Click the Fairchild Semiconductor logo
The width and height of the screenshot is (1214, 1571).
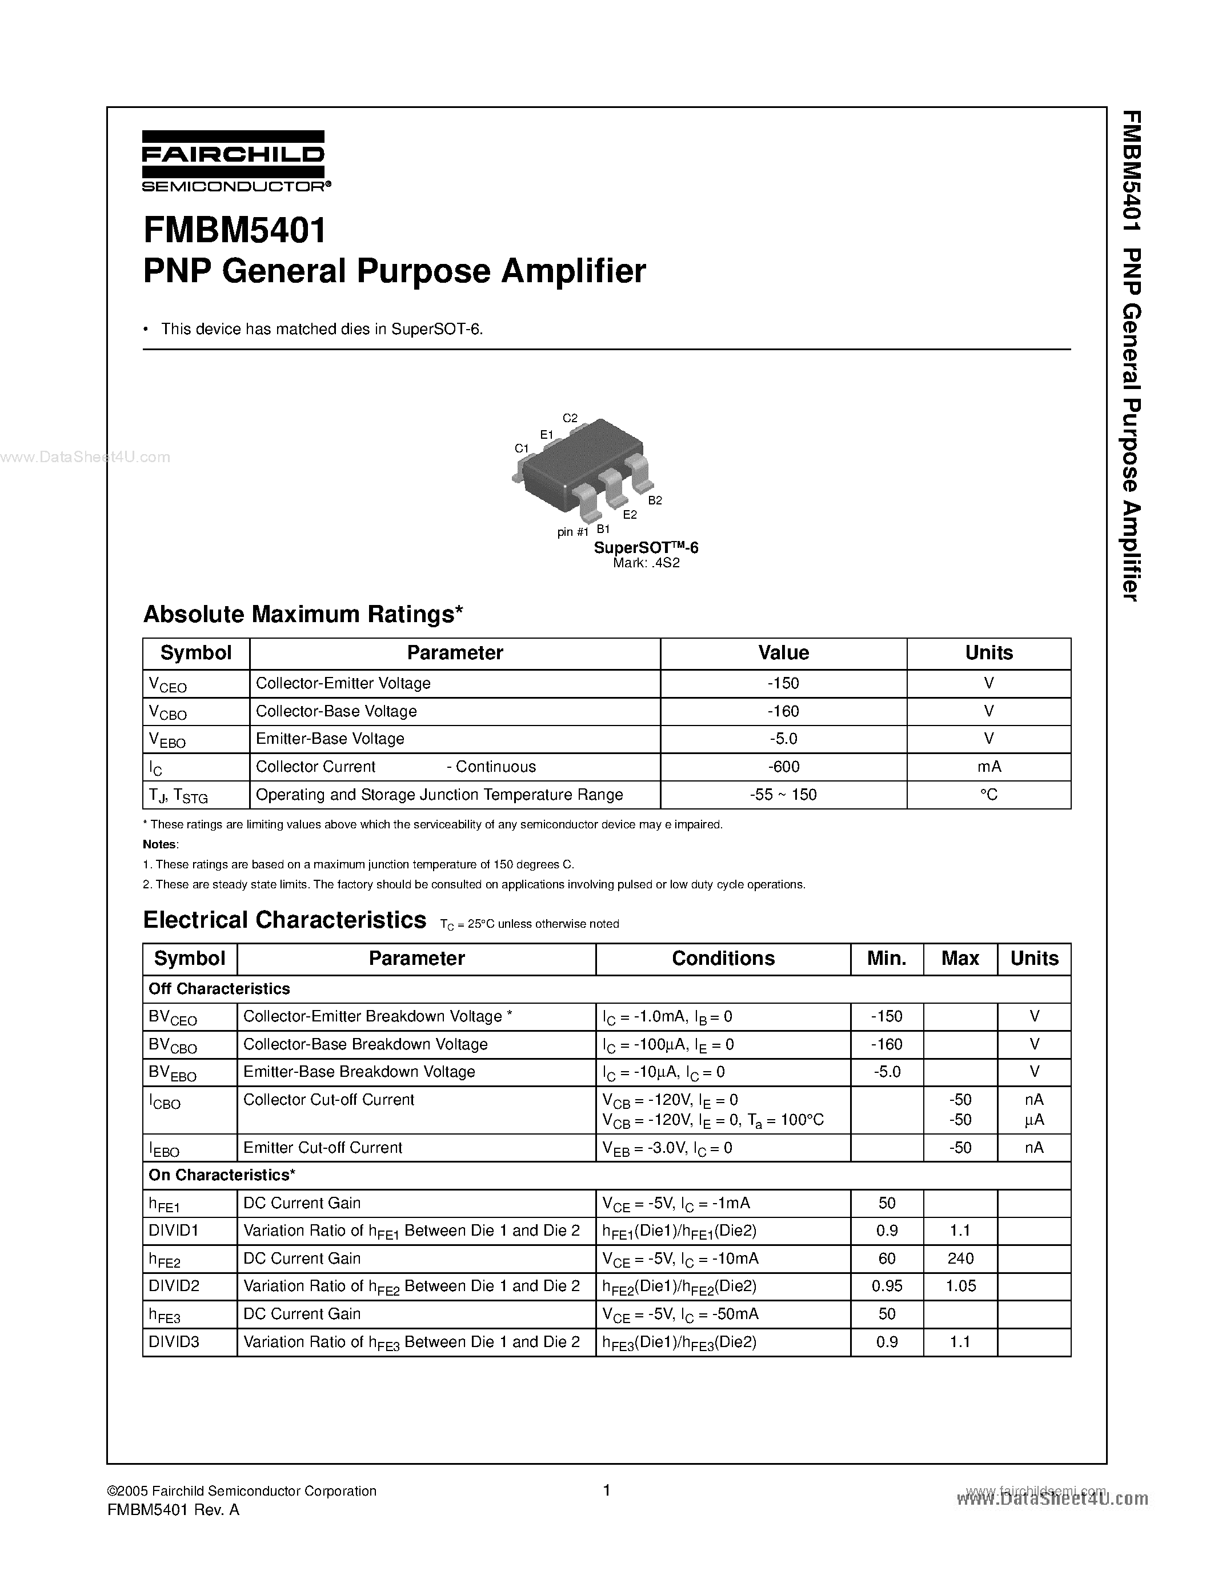[234, 162]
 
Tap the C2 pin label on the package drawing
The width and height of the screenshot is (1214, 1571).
[570, 418]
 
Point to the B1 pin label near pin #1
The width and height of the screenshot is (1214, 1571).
[603, 528]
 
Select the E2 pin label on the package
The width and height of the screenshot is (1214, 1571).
[630, 514]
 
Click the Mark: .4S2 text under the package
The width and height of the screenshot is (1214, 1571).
[646, 563]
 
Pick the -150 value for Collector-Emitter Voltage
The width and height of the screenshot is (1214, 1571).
[783, 683]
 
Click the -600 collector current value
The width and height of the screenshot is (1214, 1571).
[783, 767]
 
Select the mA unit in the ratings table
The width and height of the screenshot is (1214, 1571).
[989, 767]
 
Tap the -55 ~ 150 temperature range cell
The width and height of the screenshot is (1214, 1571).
[783, 795]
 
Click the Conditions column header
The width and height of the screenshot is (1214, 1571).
[723, 959]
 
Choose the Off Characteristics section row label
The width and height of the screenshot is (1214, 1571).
[219, 989]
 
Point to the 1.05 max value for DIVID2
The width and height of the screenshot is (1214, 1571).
[960, 1286]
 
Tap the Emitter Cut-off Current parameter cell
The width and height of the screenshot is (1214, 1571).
[323, 1148]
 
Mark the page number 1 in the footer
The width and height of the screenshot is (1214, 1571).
[606, 1490]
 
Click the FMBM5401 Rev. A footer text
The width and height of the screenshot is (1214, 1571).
[173, 1510]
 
